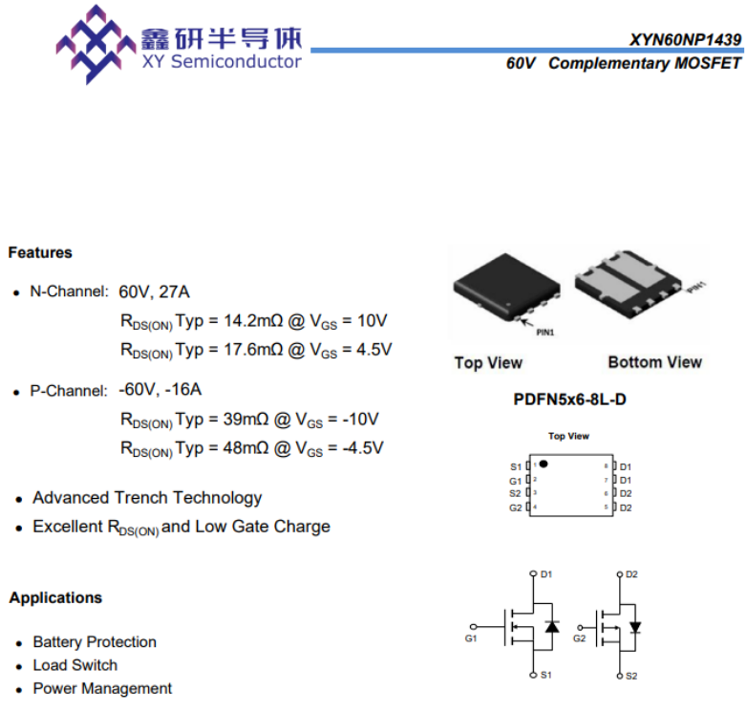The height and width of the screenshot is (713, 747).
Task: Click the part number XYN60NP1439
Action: point(685,39)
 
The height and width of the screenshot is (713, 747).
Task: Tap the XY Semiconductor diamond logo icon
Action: point(96,44)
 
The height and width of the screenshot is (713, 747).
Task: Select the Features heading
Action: point(40,252)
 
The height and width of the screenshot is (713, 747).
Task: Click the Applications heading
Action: point(55,597)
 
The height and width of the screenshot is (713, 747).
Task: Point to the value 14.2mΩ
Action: point(253,321)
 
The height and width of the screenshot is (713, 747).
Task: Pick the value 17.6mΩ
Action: point(253,350)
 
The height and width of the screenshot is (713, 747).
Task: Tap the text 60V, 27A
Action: point(154,292)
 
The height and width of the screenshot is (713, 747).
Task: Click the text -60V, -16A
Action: point(160,390)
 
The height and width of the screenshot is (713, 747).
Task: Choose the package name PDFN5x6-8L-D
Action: point(569,400)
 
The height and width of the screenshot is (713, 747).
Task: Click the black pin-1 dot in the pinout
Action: point(544,464)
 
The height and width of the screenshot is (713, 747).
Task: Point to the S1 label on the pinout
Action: point(516,466)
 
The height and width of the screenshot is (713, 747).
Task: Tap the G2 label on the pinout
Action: point(516,508)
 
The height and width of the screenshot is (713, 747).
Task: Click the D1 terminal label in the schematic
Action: point(546,574)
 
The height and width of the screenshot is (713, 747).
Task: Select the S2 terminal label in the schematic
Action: point(631,676)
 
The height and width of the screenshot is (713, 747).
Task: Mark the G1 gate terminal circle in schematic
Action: point(473,627)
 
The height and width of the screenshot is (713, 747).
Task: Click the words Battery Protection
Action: point(95,642)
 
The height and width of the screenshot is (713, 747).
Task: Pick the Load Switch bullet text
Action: point(75,665)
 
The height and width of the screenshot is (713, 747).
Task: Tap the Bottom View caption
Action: point(655,362)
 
